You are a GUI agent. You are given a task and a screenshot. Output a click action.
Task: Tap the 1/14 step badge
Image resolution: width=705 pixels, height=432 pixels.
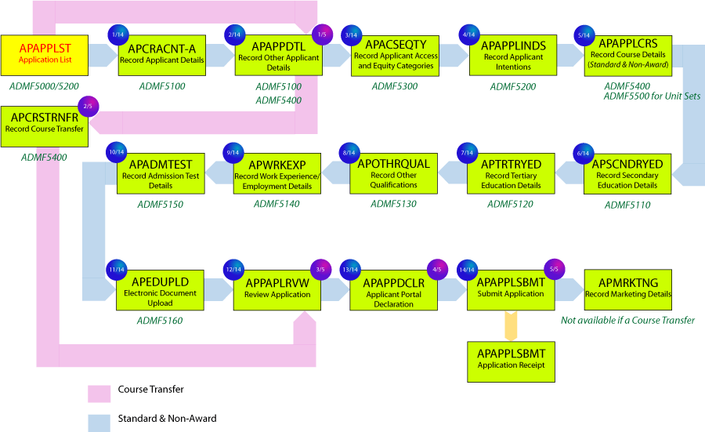[117, 35]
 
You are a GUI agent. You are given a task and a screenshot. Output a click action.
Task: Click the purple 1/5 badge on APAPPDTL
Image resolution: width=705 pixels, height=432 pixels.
[322, 34]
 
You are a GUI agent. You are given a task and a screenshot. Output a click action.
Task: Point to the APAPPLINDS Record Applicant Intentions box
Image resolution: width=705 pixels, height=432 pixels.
[512, 56]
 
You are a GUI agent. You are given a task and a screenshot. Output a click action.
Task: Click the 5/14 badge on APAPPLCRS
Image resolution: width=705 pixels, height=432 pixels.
[584, 35]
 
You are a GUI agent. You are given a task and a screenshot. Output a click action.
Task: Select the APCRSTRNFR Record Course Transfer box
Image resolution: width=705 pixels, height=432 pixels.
[44, 125]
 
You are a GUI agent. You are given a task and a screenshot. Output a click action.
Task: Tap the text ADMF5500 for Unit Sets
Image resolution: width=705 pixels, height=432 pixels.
[652, 96]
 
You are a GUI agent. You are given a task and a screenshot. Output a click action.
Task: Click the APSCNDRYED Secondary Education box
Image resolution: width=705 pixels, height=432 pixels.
[627, 174]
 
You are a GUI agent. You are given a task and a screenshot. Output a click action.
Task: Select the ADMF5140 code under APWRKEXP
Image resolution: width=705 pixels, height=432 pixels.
[276, 204]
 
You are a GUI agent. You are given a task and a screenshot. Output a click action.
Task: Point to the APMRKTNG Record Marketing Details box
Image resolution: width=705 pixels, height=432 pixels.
[627, 290]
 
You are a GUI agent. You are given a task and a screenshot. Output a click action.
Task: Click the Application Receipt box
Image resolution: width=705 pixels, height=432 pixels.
[510, 360]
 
